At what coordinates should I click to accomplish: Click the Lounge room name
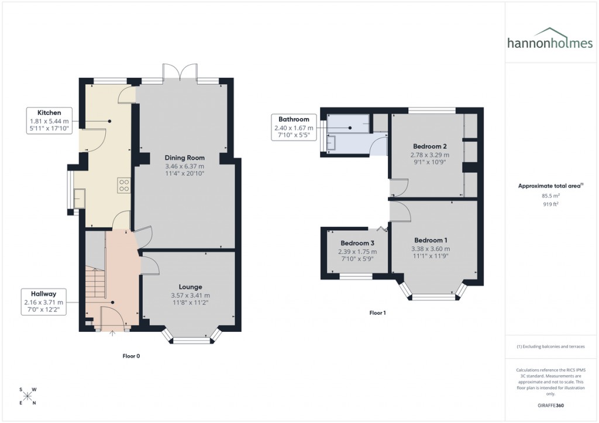coord(190,287)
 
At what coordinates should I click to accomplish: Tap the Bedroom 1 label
coord(431,240)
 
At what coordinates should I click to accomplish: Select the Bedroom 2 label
coord(430,146)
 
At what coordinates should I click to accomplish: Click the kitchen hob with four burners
coord(125,185)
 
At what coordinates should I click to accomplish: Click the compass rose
coord(27,396)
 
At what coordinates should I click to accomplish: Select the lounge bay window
coord(190,337)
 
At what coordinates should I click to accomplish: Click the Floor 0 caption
coord(131,356)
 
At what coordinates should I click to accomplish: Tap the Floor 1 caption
coord(377,313)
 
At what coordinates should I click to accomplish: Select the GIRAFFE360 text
coord(551,405)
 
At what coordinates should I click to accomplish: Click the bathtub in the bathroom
coord(349,123)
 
